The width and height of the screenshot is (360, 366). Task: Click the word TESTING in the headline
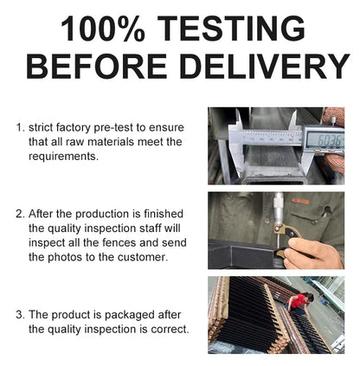click(232, 29)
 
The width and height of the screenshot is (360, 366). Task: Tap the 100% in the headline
click(103, 29)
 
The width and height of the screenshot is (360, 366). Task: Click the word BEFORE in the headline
click(97, 67)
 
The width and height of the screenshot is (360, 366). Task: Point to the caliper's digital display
click(325, 140)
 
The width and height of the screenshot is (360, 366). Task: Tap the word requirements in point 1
click(63, 157)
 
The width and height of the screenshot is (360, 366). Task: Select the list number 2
click(20, 215)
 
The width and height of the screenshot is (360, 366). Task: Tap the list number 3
click(20, 315)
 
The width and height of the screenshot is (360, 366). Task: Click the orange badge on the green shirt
click(300, 202)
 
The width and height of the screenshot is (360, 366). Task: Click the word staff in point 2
click(151, 228)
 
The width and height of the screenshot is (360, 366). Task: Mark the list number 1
click(19, 128)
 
